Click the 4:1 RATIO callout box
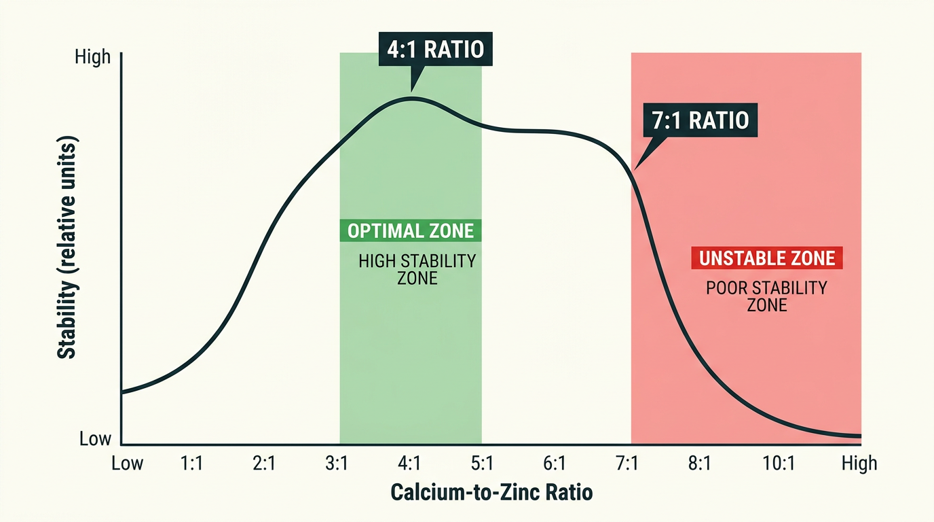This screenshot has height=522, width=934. click(434, 50)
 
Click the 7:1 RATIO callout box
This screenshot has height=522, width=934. click(699, 120)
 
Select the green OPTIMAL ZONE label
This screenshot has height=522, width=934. click(410, 230)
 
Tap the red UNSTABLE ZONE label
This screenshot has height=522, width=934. click(766, 258)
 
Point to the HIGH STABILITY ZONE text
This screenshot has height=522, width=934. click(417, 269)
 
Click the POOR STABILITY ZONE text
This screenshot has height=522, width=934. click(766, 296)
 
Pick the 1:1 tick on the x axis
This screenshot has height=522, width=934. click(192, 464)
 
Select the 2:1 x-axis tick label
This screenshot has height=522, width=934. click(264, 464)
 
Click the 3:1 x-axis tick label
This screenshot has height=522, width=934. click(337, 464)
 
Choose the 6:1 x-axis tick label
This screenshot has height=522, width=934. click(554, 464)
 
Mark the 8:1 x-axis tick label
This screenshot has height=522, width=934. click(699, 464)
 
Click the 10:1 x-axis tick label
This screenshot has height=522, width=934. click(778, 464)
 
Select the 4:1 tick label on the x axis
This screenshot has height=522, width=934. click(409, 464)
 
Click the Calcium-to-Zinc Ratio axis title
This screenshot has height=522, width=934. click(491, 493)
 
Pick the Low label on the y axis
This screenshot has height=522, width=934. click(95, 439)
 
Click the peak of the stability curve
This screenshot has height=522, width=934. click(411, 99)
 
